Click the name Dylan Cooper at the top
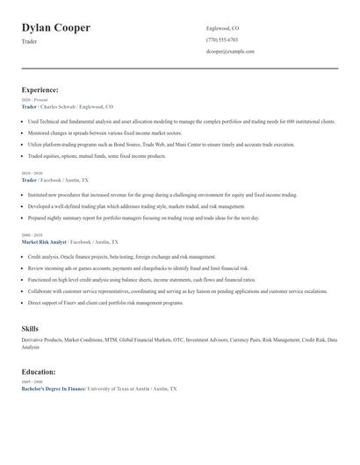tap(55, 28)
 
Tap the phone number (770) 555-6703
tap(221, 39)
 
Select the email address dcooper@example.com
tap(230, 51)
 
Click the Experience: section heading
tap(40, 89)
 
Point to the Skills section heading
tap(31, 328)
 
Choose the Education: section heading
tap(39, 371)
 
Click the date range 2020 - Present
tap(35, 100)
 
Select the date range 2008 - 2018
tap(32, 235)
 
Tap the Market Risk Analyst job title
tap(44, 241)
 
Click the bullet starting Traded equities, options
tap(97, 155)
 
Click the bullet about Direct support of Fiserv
tap(105, 302)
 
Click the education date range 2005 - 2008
tap(32, 382)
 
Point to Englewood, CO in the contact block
tap(222, 28)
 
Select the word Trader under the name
tap(29, 41)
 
